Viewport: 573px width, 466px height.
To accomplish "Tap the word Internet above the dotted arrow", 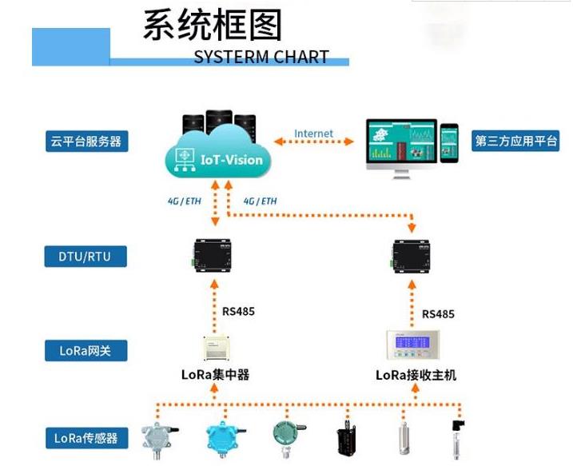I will click(x=314, y=133).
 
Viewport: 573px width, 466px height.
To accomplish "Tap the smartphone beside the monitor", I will click(x=449, y=142).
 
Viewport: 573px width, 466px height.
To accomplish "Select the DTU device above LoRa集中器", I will click(x=214, y=255).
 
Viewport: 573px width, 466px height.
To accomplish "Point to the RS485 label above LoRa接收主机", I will click(x=438, y=314).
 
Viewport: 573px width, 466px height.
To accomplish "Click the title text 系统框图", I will click(x=212, y=26).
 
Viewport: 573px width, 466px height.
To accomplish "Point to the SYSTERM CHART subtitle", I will click(x=261, y=57).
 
